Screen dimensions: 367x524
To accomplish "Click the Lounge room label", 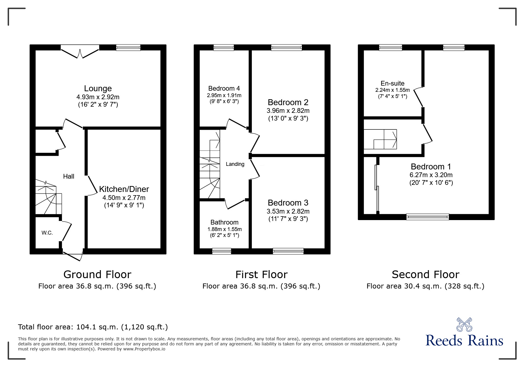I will [x=98, y=89].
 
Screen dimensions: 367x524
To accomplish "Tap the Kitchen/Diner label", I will [x=124, y=189].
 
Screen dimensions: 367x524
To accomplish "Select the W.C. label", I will [x=47, y=233].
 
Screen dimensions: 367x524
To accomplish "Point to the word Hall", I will [x=69, y=177].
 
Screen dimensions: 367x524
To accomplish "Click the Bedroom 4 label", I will [x=224, y=88].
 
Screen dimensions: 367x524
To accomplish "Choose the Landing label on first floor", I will [x=235, y=164].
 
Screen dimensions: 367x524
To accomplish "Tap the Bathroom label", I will [x=224, y=222].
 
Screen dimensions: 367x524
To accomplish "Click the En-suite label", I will [x=392, y=84].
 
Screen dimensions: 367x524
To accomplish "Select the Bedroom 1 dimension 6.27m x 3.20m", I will [x=431, y=175].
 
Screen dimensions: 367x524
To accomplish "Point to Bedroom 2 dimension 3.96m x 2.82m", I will [x=288, y=111].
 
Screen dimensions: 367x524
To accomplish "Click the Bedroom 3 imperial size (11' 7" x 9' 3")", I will [x=288, y=219].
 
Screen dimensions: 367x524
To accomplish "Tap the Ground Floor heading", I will [x=97, y=275].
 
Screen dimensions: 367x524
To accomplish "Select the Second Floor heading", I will [x=425, y=275].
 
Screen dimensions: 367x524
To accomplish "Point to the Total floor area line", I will [x=93, y=327].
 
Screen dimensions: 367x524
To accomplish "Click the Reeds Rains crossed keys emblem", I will [x=464, y=324].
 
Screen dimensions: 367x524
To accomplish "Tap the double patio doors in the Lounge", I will [x=80, y=52].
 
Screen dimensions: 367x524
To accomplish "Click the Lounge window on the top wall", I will [x=128, y=47].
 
